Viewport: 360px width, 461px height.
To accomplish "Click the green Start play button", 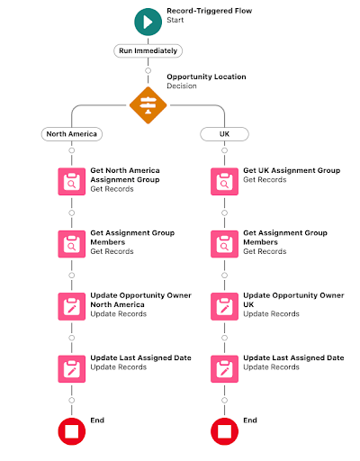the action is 148,22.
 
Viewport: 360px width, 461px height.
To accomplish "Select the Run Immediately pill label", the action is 148,50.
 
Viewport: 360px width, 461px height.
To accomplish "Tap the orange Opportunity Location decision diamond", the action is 148,105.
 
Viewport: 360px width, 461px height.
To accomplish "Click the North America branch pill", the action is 72,134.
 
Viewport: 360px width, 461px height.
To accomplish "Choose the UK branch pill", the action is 224,134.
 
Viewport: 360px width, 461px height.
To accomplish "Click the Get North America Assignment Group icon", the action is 72,182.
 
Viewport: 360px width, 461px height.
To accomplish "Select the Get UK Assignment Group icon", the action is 224,182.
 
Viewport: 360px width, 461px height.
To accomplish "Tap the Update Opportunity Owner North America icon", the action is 72,306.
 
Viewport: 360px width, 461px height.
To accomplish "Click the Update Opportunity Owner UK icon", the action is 224,306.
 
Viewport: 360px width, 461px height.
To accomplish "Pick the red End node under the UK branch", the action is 224,431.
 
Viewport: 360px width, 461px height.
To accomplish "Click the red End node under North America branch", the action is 72,431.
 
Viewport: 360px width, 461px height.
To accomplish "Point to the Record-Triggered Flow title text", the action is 210,11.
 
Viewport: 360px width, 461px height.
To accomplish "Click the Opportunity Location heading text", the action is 206,77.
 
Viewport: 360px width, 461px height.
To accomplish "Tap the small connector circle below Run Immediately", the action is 148,71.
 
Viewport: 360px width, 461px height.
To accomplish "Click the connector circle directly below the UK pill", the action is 224,150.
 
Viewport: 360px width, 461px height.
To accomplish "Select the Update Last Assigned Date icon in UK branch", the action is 224,369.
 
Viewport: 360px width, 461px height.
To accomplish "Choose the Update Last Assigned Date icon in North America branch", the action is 72,369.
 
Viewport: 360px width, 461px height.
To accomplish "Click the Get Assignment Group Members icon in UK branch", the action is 224,244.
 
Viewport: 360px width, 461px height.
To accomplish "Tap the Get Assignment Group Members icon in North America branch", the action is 72,244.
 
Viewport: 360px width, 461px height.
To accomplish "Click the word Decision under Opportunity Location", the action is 182,86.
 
